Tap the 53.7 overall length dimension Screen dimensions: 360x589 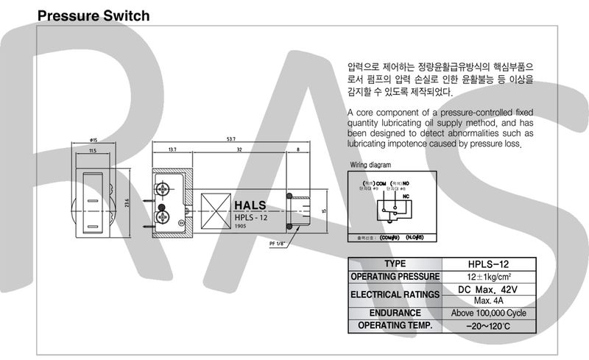pyautogui.click(x=231, y=139)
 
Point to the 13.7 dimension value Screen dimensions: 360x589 pyautogui.click(x=172, y=149)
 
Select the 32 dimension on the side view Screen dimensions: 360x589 pyautogui.click(x=239, y=149)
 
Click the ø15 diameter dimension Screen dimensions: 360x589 pyautogui.click(x=93, y=141)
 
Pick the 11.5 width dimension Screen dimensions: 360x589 pyautogui.click(x=92, y=150)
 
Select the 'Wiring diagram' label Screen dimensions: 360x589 pyautogui.click(x=370, y=165)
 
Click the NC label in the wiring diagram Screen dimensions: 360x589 pyautogui.click(x=406, y=197)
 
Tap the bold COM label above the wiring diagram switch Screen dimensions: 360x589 pyautogui.click(x=380, y=182)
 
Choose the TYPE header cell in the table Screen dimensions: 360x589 pyautogui.click(x=395, y=264)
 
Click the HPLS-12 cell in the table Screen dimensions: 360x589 pyautogui.click(x=489, y=264)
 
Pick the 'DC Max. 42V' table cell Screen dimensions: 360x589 pyautogui.click(x=489, y=289)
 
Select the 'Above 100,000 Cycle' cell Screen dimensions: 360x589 pyautogui.click(x=489, y=312)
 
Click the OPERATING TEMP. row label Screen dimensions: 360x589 pyautogui.click(x=395, y=325)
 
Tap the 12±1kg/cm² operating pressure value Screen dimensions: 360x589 pyautogui.click(x=489, y=276)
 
